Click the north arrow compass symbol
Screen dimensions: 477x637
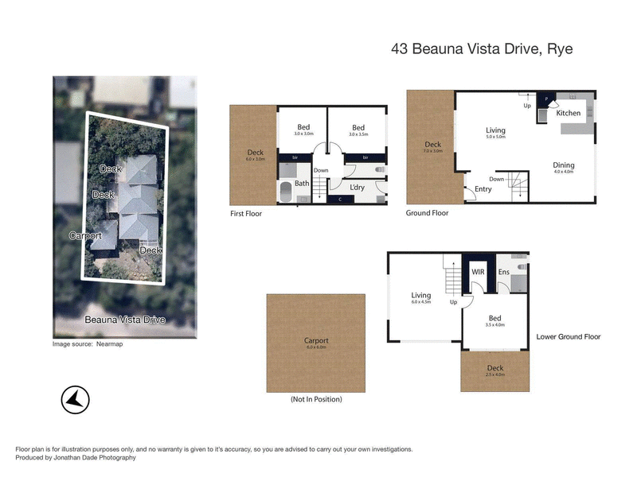click(x=75, y=401)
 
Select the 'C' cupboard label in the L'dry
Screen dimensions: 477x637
click(x=342, y=199)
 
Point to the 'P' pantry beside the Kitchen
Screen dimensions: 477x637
click(x=546, y=100)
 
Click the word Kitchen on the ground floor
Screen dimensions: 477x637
click(x=569, y=113)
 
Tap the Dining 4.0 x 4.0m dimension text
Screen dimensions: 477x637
click(x=564, y=172)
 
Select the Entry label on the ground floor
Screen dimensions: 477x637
click(x=483, y=188)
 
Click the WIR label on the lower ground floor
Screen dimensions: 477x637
click(x=479, y=272)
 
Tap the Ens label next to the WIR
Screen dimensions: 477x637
click(x=503, y=272)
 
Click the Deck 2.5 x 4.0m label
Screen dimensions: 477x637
click(x=494, y=372)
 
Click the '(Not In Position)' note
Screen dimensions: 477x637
click(x=316, y=399)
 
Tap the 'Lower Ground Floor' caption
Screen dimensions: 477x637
click(x=569, y=337)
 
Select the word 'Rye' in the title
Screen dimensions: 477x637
click(x=559, y=49)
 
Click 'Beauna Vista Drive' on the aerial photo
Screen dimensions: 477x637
click(x=125, y=320)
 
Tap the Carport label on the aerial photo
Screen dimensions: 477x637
click(x=85, y=236)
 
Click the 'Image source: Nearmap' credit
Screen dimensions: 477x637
click(x=88, y=344)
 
